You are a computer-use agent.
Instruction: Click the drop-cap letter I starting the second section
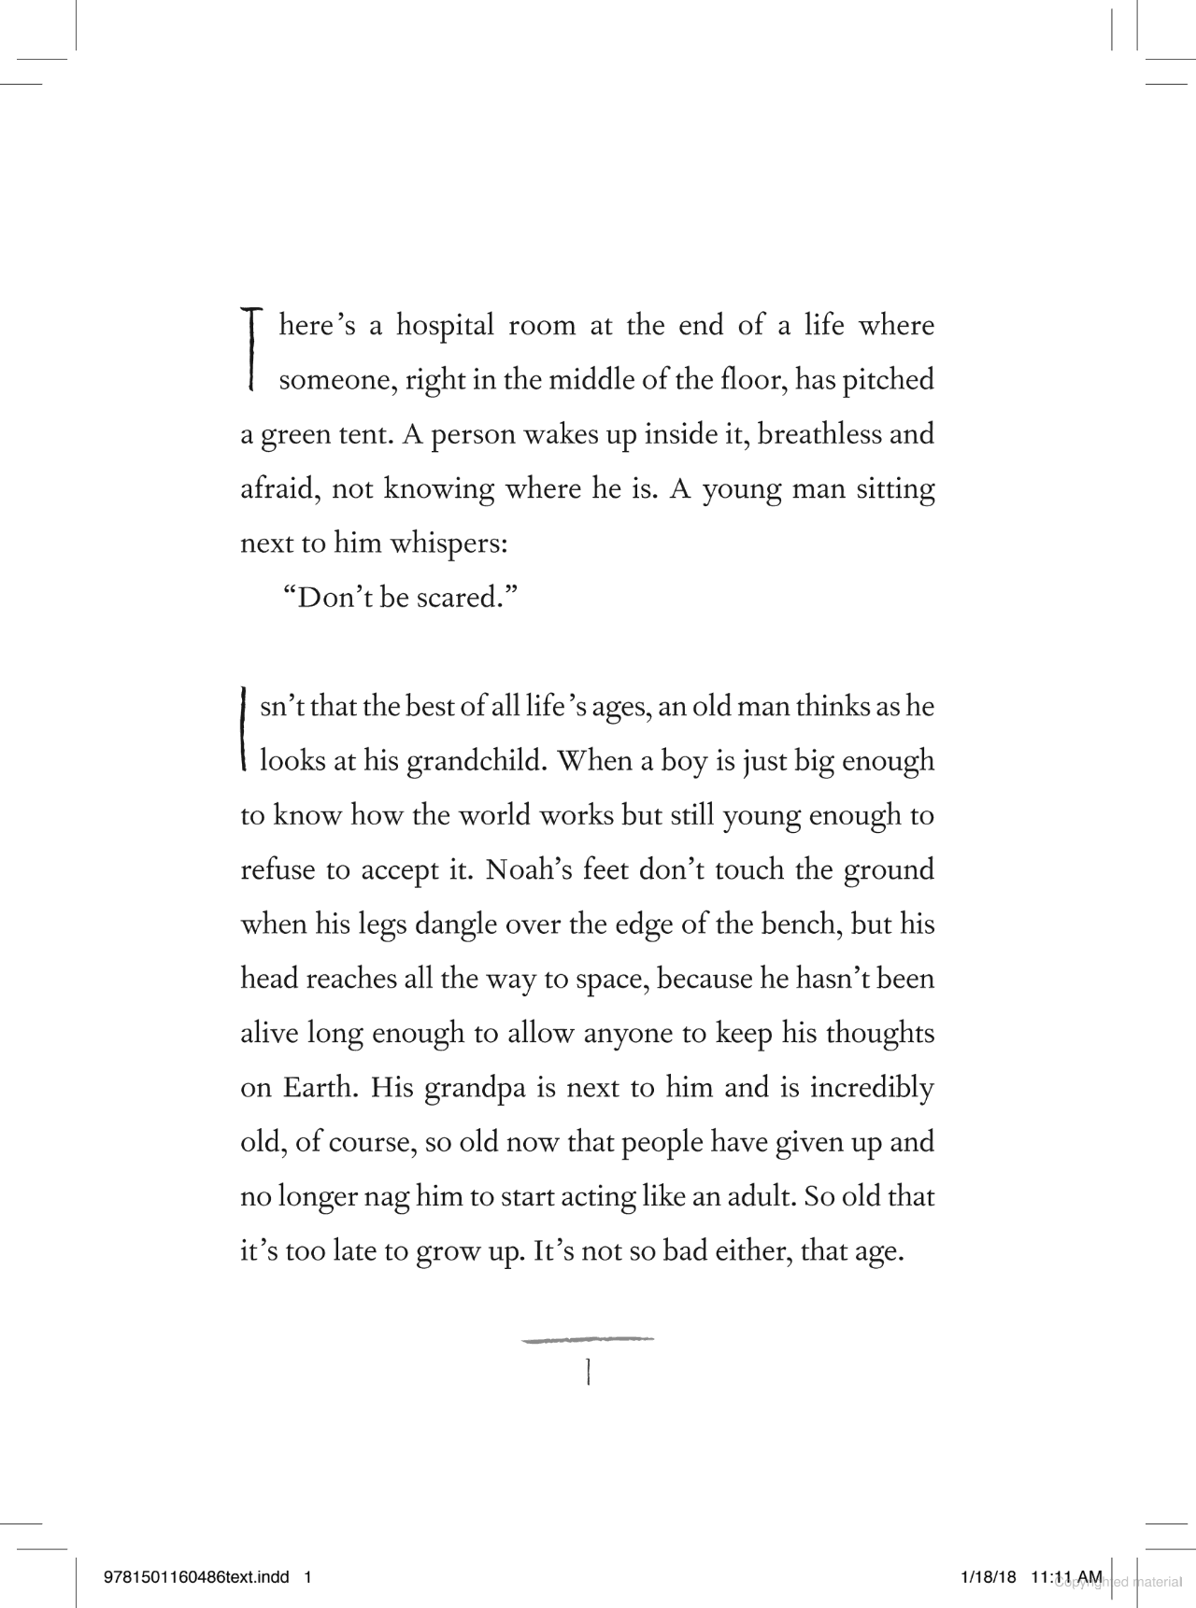tap(244, 729)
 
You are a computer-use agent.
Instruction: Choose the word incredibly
tap(872, 1088)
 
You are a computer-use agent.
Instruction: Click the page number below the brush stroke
tap(588, 1371)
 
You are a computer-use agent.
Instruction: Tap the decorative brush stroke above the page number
tap(588, 1340)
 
